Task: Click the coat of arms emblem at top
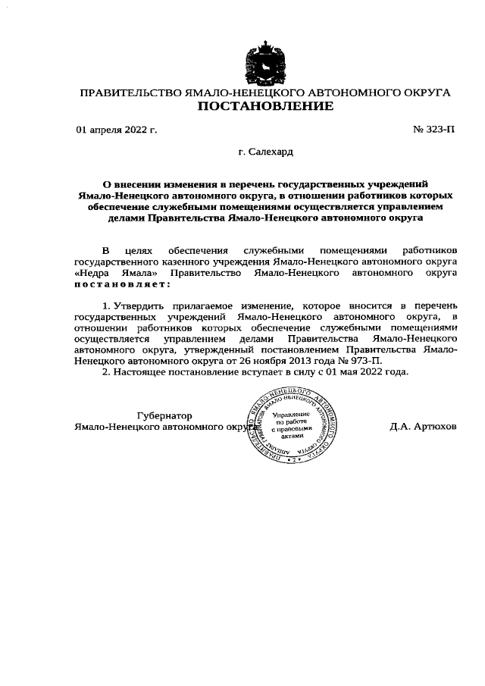(x=265, y=62)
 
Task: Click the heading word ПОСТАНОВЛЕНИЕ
(x=265, y=107)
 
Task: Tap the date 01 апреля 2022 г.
(x=117, y=130)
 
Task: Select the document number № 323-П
(x=434, y=130)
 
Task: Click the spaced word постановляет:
(x=122, y=283)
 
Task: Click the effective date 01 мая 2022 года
(x=368, y=373)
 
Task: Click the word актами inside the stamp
(x=291, y=437)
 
